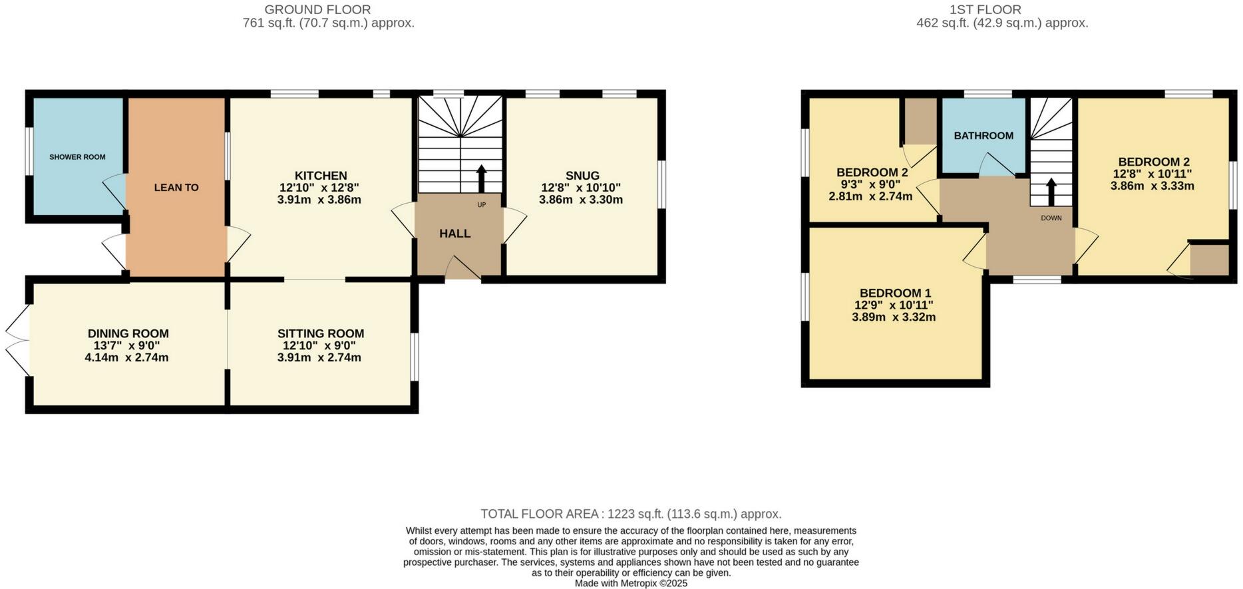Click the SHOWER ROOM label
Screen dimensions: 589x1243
coord(77,157)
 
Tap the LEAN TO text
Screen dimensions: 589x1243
coord(176,188)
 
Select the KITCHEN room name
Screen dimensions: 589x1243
coord(321,176)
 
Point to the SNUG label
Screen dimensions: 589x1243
coord(582,176)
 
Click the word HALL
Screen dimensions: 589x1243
coord(455,234)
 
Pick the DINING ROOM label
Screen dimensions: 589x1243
coord(128,333)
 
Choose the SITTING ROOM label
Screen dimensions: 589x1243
coord(321,333)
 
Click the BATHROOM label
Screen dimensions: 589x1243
coord(983,136)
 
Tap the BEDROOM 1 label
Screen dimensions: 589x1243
coord(895,293)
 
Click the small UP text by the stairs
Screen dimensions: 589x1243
coord(481,204)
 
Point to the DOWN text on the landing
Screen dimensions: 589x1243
coord(1051,218)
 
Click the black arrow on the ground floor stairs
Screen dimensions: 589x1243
coord(481,178)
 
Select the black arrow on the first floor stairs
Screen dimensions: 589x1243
coord(1051,191)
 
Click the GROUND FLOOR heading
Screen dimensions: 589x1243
coord(317,9)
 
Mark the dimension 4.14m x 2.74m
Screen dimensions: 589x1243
coord(126,357)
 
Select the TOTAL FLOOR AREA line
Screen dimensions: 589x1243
coord(631,514)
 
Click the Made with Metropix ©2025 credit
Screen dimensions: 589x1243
coord(631,583)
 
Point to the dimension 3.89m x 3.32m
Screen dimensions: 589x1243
coord(894,317)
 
